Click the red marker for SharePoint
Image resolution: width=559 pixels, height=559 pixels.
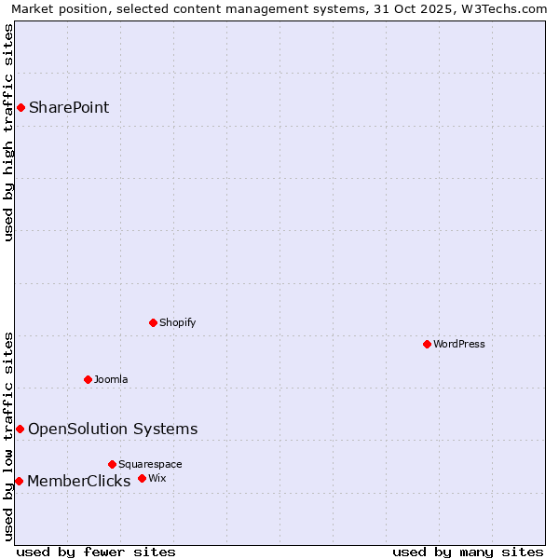(20, 107)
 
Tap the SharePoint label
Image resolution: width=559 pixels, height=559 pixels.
(69, 107)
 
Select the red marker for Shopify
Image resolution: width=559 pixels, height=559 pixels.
(153, 322)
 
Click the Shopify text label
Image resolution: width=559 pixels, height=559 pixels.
(177, 322)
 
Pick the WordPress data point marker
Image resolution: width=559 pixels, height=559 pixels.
(427, 344)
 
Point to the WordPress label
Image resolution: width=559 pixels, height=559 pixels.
(458, 344)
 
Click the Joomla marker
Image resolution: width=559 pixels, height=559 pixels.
(88, 379)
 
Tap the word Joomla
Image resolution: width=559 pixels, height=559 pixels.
(111, 379)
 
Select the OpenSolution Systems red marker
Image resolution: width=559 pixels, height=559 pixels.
(20, 429)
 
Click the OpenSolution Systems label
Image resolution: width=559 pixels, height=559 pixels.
(113, 429)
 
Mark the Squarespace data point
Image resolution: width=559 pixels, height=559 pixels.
(112, 464)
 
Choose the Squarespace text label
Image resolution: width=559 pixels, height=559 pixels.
(150, 464)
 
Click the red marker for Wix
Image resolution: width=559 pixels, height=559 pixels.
(142, 478)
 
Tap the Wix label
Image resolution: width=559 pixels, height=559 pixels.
(157, 478)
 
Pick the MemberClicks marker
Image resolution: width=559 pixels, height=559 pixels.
(19, 481)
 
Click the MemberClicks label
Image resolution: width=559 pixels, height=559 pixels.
(79, 481)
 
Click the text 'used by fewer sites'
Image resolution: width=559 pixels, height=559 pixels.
(96, 552)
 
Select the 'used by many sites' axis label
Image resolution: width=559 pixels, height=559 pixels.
(468, 552)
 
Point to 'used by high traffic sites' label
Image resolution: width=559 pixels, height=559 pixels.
(8, 132)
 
